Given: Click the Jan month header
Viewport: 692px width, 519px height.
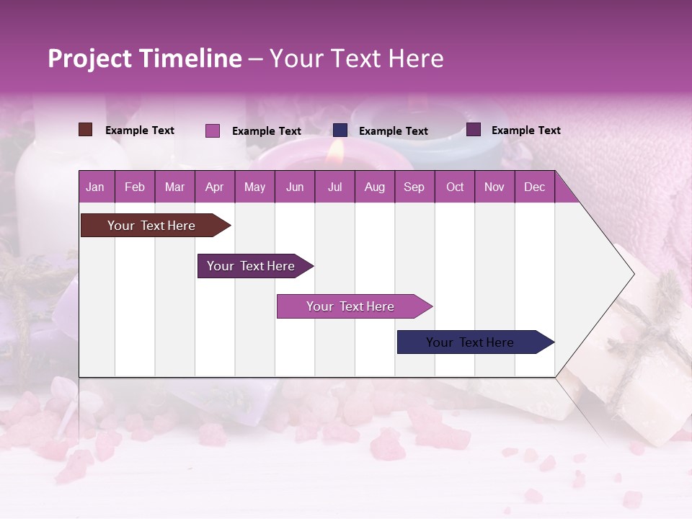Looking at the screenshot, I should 95,187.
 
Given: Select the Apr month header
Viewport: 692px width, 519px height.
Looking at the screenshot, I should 214,187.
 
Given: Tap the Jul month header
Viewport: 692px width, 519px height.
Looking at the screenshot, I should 334,187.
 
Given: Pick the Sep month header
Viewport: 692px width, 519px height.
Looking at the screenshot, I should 414,187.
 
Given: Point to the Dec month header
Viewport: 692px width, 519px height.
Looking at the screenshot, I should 534,187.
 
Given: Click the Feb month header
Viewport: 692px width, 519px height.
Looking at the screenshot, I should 135,187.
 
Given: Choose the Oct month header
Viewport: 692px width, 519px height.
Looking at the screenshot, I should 455,187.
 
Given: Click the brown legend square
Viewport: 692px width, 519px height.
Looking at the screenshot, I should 85,130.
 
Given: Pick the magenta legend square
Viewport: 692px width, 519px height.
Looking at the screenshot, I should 212,130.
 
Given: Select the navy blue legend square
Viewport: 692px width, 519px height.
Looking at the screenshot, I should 340,130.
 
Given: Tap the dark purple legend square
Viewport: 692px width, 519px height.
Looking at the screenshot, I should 474,130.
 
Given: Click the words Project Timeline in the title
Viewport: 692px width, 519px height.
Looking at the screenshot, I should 145,58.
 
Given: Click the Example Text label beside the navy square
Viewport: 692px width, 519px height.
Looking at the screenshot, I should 393,131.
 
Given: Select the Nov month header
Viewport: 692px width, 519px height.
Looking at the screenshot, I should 494,187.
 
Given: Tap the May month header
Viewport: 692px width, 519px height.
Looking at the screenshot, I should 254,187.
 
